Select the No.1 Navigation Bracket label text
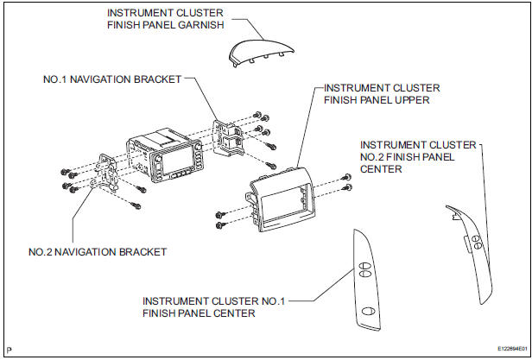tap(112, 79)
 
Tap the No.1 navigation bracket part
tap(231, 135)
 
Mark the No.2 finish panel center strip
tap(472, 250)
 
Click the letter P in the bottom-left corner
tap(8, 351)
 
